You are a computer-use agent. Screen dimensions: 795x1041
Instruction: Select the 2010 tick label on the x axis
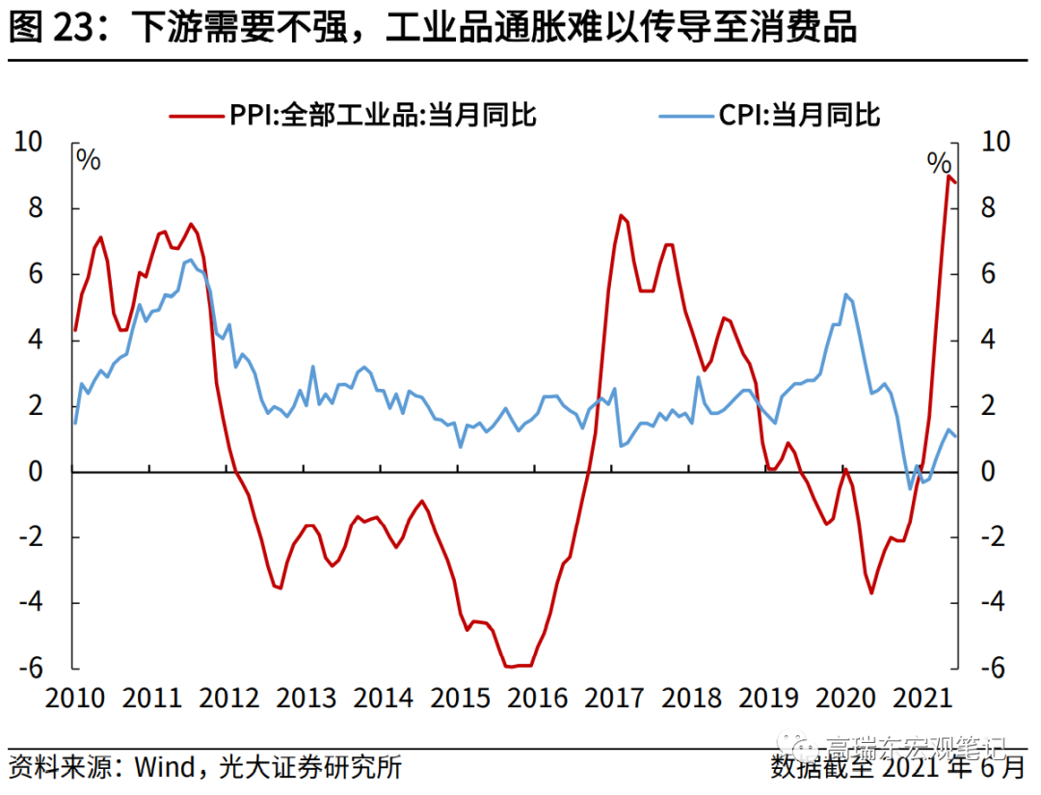(x=75, y=696)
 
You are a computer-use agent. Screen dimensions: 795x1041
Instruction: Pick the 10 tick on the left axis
(x=30, y=142)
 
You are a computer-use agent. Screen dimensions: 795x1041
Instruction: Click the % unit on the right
(x=939, y=161)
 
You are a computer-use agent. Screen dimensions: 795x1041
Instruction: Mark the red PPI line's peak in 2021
(x=948, y=176)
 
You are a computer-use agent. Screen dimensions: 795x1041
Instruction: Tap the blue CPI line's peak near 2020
(x=845, y=294)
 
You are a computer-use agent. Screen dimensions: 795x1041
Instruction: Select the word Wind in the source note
(x=163, y=768)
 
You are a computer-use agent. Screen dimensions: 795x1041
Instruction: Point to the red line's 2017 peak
(x=621, y=215)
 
